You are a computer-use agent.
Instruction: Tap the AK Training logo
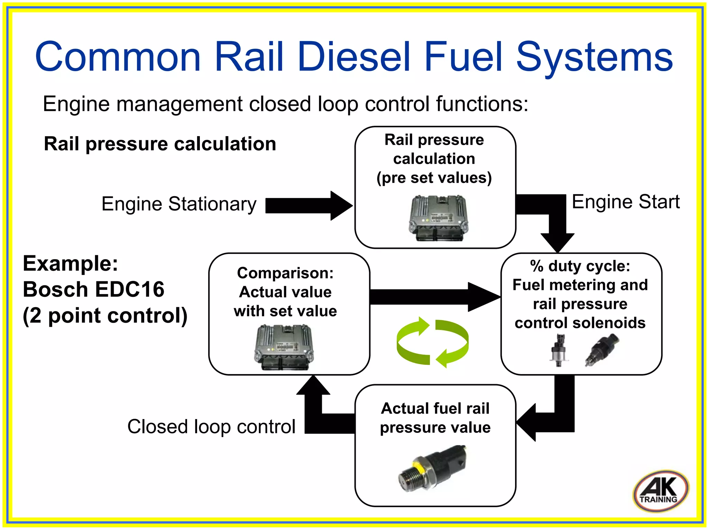pyautogui.click(x=661, y=491)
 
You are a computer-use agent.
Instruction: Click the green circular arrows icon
pyautogui.click(x=432, y=342)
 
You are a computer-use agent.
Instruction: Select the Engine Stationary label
pyautogui.click(x=179, y=204)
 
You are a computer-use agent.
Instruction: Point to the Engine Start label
pyautogui.click(x=625, y=202)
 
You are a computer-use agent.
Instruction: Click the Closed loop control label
pyautogui.click(x=211, y=427)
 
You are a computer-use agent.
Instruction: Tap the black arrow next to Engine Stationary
pyautogui.click(x=308, y=206)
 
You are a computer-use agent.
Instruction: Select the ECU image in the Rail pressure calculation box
pyautogui.click(x=438, y=218)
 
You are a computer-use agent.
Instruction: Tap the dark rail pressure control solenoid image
pyautogui.click(x=602, y=349)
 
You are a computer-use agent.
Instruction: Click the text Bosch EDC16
pyautogui.click(x=93, y=289)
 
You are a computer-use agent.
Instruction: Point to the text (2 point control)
pyautogui.click(x=105, y=315)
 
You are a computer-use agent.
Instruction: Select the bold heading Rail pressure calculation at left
pyautogui.click(x=160, y=144)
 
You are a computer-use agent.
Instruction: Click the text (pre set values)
pyautogui.click(x=434, y=178)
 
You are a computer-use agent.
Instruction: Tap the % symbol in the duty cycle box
pyautogui.click(x=537, y=266)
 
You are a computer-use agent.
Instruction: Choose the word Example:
pyautogui.click(x=70, y=264)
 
